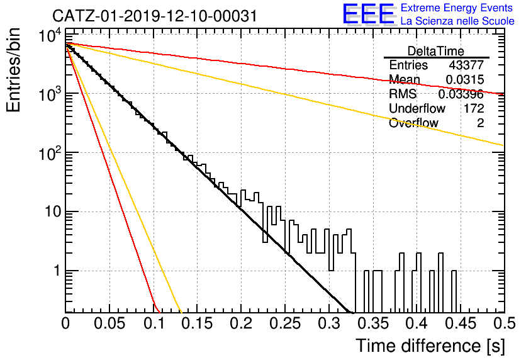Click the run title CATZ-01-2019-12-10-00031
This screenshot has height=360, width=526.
point(155,16)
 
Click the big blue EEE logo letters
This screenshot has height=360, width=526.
point(368,13)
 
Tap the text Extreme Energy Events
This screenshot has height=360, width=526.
point(457,8)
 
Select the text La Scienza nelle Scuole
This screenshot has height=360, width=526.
point(457,21)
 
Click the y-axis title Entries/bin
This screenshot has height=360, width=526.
point(13,70)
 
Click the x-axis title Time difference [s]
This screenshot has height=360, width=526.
point(430,346)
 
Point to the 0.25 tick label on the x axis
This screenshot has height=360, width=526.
point(284,323)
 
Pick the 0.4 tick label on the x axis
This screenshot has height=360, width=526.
point(417,323)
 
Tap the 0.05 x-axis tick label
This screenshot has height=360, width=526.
point(109,323)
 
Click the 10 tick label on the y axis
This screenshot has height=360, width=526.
point(53,211)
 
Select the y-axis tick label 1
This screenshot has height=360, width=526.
point(57,271)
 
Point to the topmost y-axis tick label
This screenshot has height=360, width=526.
point(50,35)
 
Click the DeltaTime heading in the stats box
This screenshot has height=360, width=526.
point(435,51)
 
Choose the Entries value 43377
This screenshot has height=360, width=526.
point(466,65)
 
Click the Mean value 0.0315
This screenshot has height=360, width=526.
point(464,80)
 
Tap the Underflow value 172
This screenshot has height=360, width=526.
point(474,108)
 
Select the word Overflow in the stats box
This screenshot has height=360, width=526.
point(413,123)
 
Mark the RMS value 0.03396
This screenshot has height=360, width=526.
point(461,94)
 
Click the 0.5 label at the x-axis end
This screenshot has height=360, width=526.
point(504,323)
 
